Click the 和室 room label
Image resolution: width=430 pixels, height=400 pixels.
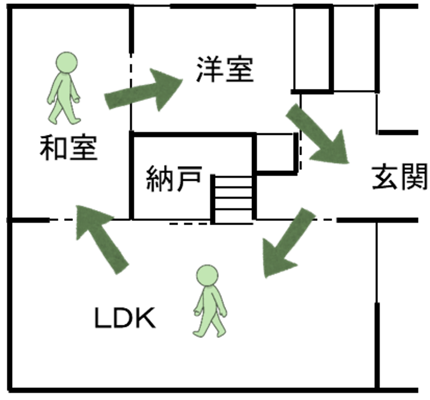[68, 148]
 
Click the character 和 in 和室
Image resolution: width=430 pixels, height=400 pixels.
[53, 148]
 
